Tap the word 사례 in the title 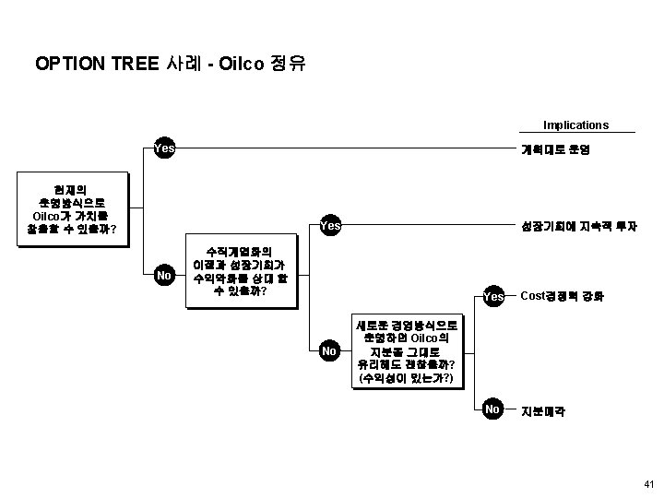(x=181, y=65)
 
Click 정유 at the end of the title (x=288, y=65)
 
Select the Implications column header (x=575, y=125)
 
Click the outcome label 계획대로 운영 (x=551, y=148)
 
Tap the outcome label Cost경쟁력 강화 (x=563, y=296)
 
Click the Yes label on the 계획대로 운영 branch (x=165, y=148)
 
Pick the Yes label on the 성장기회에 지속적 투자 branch (x=330, y=225)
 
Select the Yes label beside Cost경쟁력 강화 (x=493, y=297)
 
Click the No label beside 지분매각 (x=492, y=409)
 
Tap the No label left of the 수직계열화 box (x=165, y=274)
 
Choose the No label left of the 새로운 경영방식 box (x=329, y=351)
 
